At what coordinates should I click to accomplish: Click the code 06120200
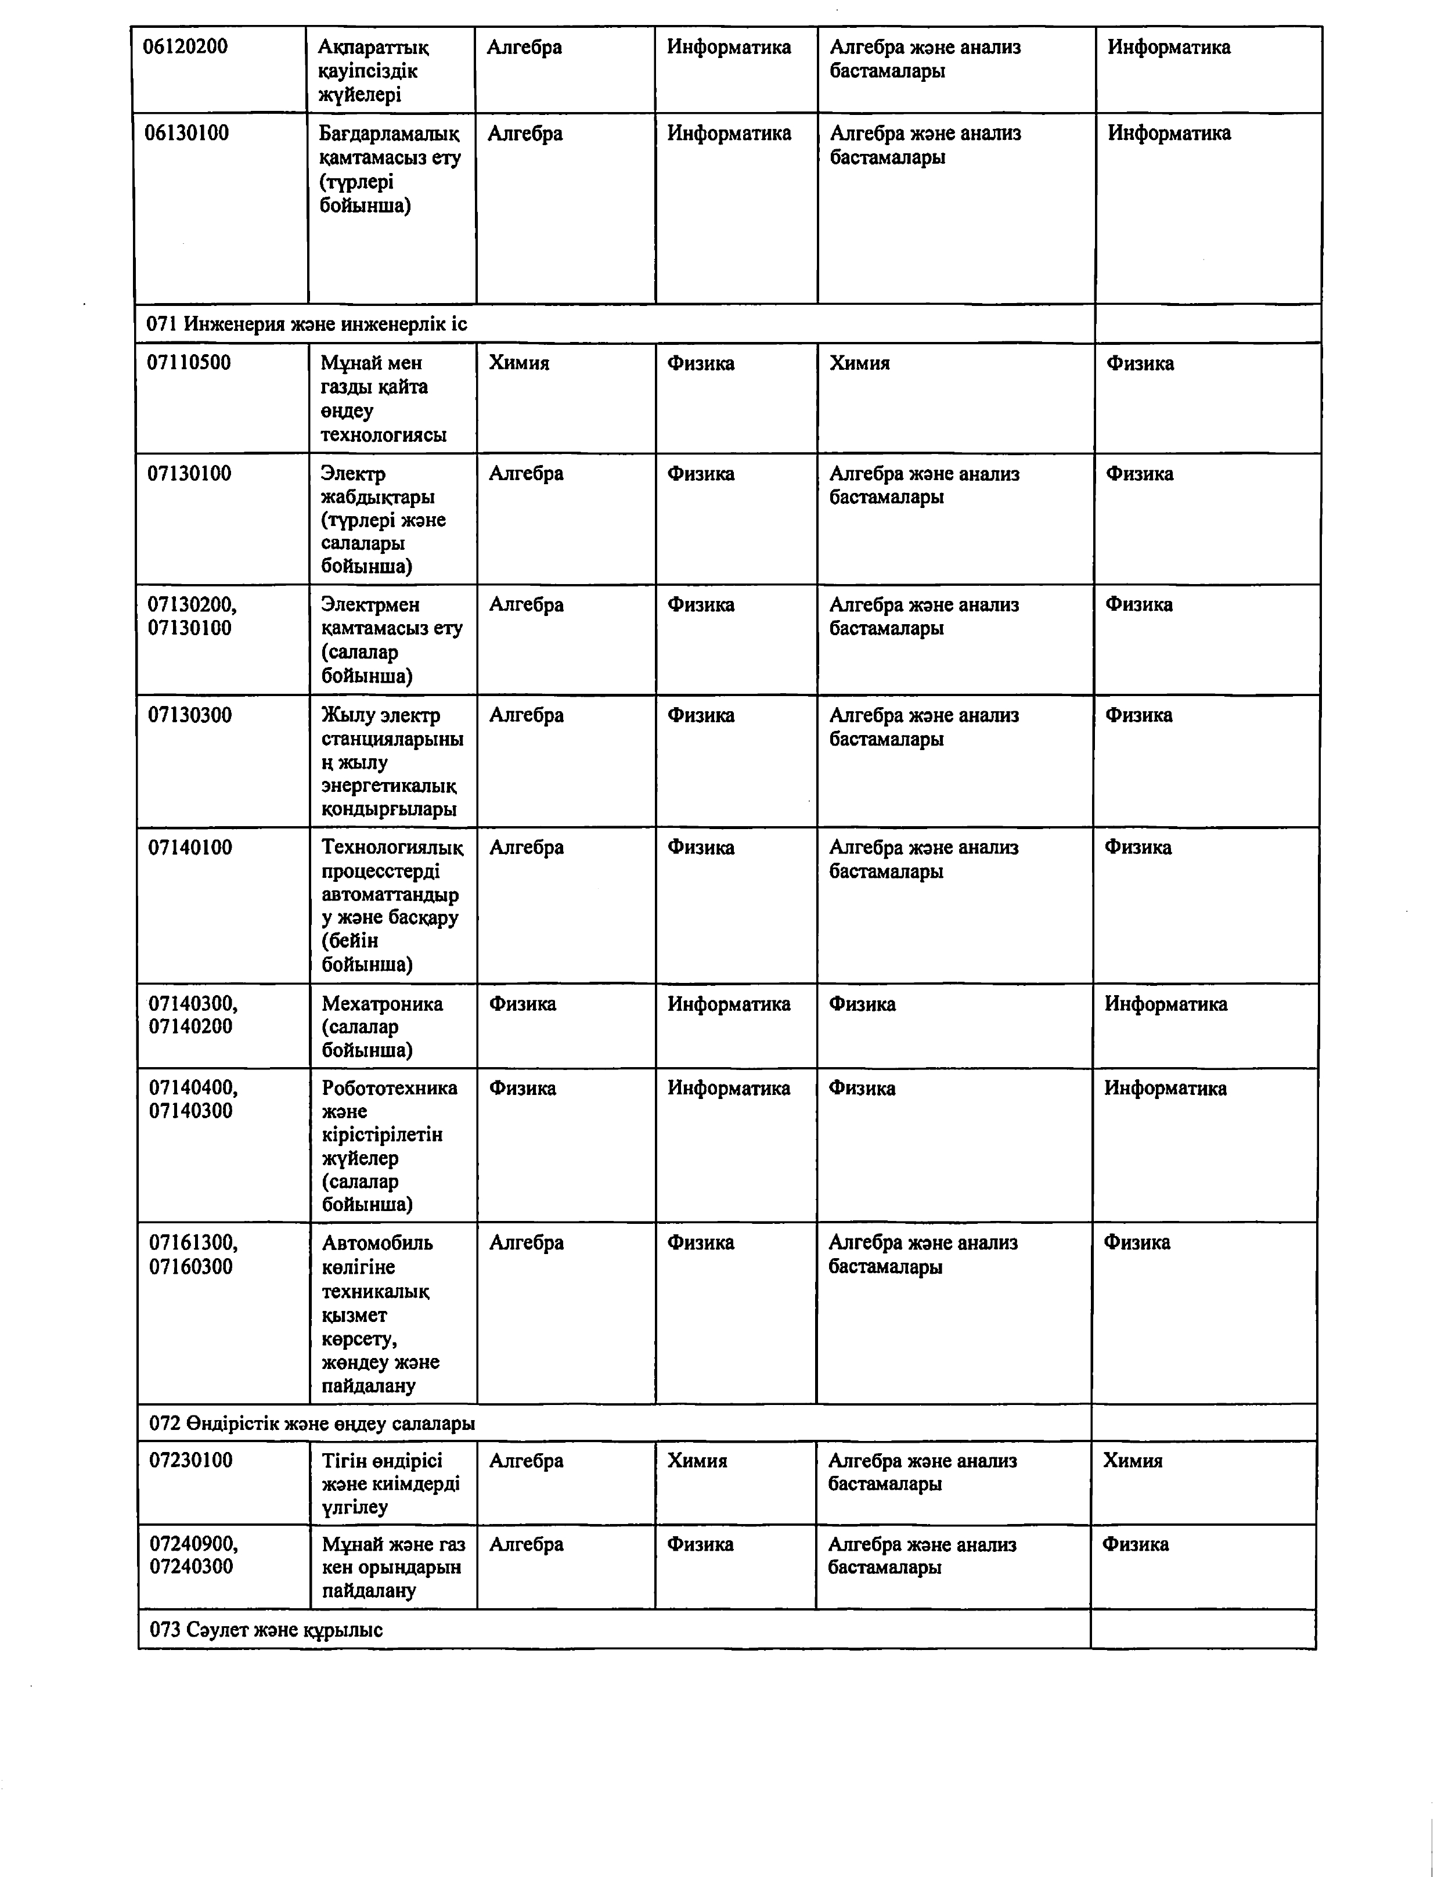[x=185, y=47]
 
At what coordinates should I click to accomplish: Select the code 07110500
[x=189, y=363]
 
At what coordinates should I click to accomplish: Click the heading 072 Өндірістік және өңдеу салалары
[x=312, y=1423]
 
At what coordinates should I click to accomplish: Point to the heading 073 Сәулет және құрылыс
[x=265, y=1630]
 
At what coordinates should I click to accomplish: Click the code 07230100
[x=190, y=1461]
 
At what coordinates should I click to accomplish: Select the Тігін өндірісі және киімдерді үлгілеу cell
[x=390, y=1483]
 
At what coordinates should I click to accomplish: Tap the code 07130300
[x=189, y=715]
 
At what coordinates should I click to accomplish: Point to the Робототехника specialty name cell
[x=388, y=1145]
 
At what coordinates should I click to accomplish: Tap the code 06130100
[x=186, y=133]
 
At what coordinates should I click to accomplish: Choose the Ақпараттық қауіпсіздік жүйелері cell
[x=373, y=71]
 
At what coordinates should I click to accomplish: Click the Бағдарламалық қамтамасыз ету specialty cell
[x=389, y=169]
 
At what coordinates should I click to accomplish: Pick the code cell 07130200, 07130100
[x=192, y=616]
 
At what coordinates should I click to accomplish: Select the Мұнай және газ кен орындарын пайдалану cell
[x=392, y=1567]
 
